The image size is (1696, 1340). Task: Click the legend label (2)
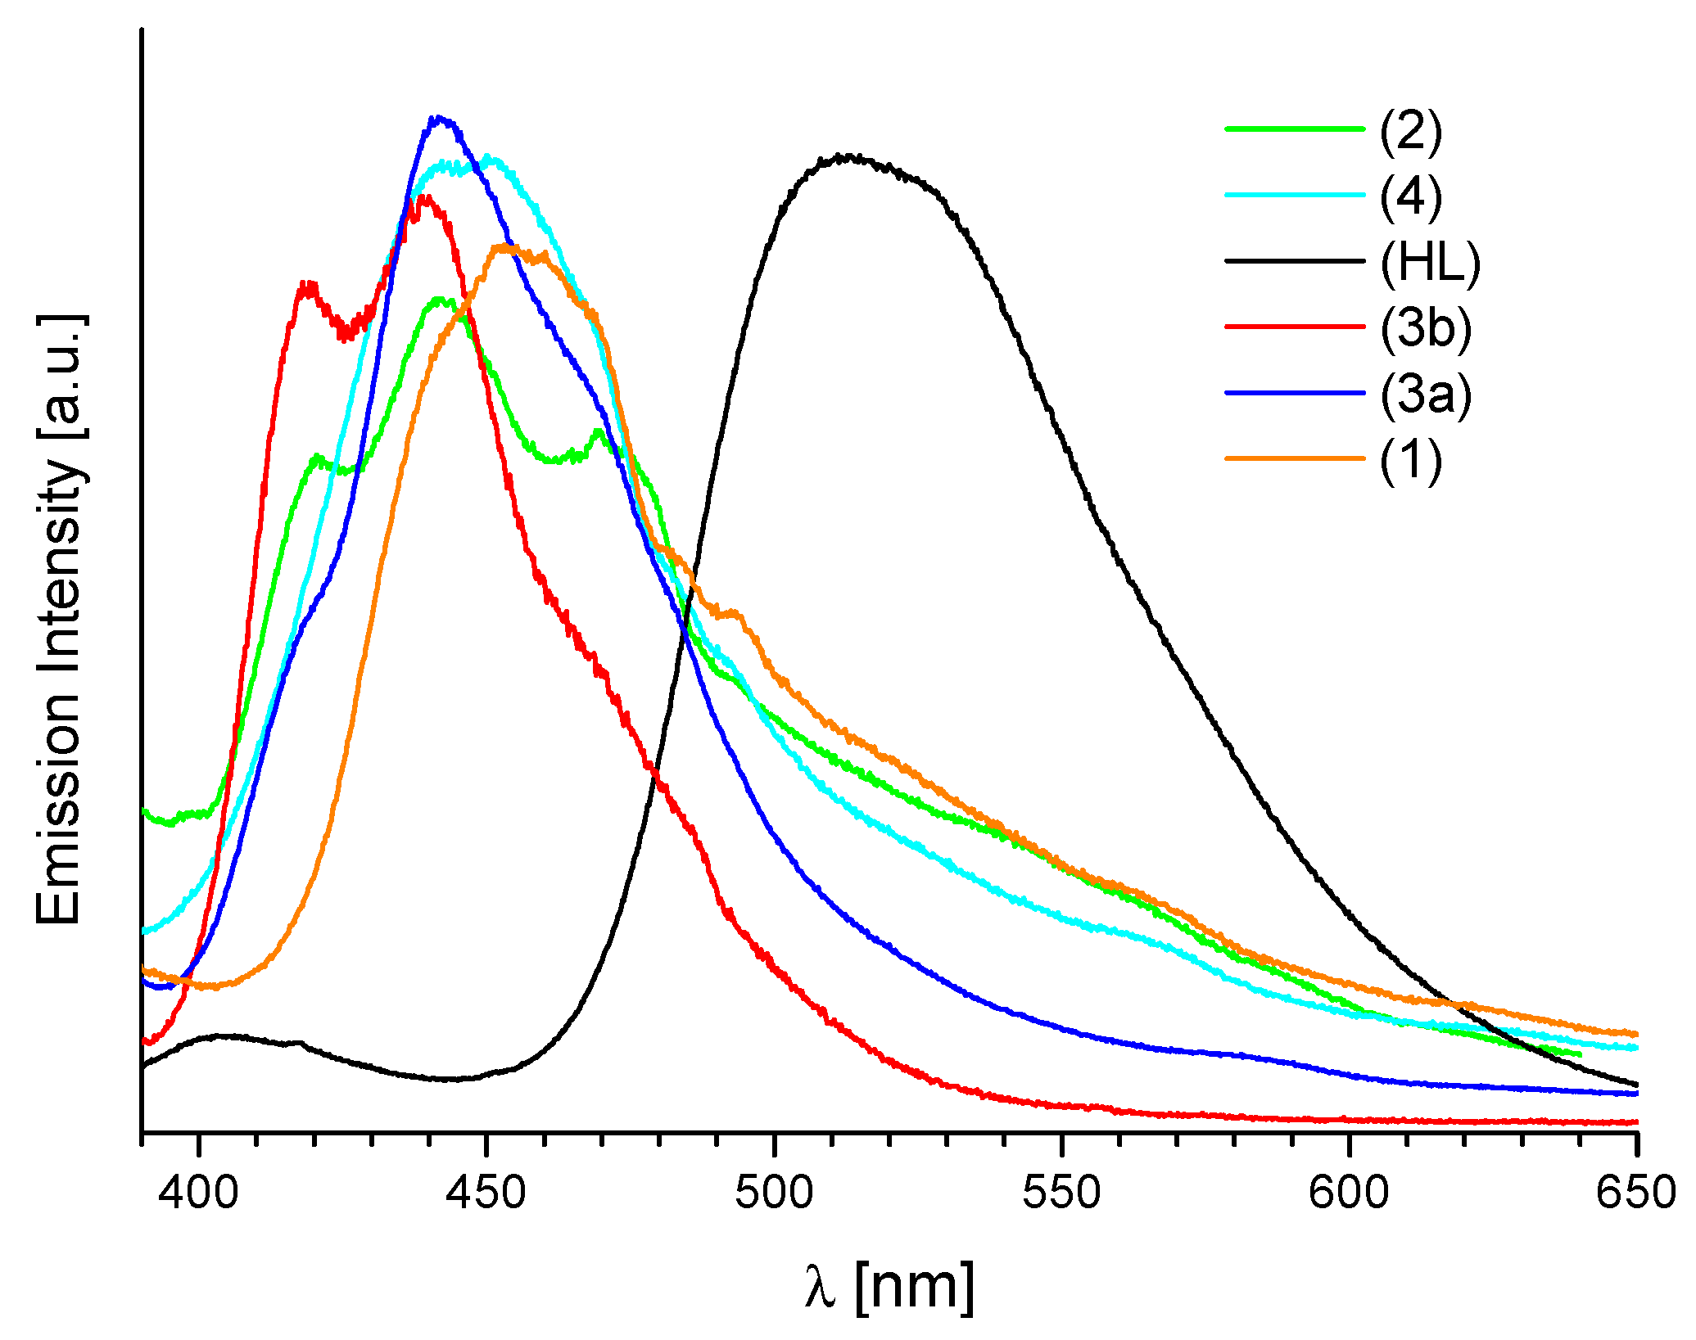tap(1410, 130)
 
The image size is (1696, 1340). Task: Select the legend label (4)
tap(1410, 196)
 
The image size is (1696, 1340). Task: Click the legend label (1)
tap(1410, 460)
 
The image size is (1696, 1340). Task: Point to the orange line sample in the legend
tap(1294, 458)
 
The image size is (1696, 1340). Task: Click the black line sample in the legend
tap(1294, 261)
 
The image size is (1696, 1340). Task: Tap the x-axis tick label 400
tap(199, 1193)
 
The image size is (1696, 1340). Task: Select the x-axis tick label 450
tap(486, 1193)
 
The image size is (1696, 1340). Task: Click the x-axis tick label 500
tap(774, 1193)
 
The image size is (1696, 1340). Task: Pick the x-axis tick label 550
tap(1061, 1193)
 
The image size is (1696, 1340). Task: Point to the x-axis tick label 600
tap(1349, 1193)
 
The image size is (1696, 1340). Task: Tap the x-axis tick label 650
tap(1636, 1193)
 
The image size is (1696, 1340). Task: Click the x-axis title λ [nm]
tap(889, 1286)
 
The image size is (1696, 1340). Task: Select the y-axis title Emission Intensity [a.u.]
tap(59, 620)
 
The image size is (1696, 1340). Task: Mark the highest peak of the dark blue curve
tap(440, 119)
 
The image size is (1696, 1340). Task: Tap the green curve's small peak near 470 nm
tap(599, 431)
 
